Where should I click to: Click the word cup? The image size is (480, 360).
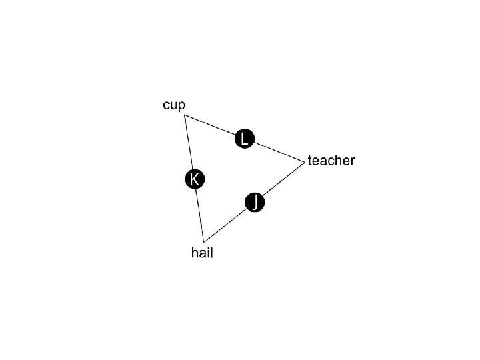tap(174, 105)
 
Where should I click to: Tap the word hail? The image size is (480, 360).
tap(202, 253)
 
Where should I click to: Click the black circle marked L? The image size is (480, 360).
tap(245, 139)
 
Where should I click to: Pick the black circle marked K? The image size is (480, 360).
tap(194, 179)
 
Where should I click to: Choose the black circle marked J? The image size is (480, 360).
tap(255, 202)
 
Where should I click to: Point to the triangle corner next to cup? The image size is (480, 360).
tap(185, 116)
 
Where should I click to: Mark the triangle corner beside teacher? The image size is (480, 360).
tap(304, 161)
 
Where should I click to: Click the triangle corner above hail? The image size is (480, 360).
tap(204, 241)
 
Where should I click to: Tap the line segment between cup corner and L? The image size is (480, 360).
tap(212, 126)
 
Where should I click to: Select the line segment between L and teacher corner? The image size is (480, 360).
tap(278, 151)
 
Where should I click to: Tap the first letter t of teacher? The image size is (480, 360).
tap(310, 161)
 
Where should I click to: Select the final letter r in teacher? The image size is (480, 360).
tap(353, 161)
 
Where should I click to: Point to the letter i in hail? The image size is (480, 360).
tap(207, 253)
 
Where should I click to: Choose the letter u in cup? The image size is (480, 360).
tap(174, 105)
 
